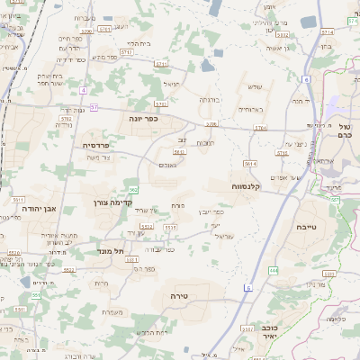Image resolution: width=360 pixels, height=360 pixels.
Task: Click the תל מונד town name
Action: (x=108, y=251)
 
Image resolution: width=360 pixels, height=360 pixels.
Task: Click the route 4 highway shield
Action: (x=83, y=91)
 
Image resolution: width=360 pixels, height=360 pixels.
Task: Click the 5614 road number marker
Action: (x=250, y=163)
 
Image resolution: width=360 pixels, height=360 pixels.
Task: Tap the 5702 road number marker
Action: (x=66, y=117)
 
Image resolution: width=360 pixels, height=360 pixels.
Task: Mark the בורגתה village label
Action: (x=209, y=102)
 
